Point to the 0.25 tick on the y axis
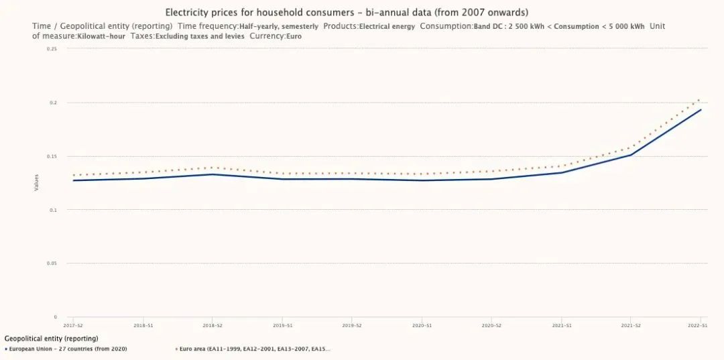[52, 49]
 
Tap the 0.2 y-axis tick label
[53, 103]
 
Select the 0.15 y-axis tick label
[52, 156]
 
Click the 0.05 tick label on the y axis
[52, 263]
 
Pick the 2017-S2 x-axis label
[73, 325]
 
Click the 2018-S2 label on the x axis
[213, 325]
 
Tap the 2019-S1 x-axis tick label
[282, 325]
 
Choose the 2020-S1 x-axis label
[422, 325]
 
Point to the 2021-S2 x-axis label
[631, 325]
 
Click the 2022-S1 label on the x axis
[698, 325]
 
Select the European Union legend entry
[67, 349]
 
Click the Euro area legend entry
[255, 349]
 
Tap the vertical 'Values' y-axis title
[37, 182]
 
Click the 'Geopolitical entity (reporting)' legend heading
[51, 339]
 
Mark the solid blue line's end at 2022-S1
[701, 110]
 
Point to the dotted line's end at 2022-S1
[700, 100]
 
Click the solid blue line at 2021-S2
[631, 155]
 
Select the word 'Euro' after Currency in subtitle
[293, 36]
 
